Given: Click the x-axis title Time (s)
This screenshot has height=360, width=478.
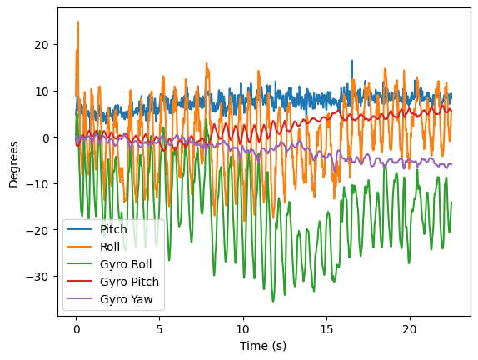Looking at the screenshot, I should tap(263, 345).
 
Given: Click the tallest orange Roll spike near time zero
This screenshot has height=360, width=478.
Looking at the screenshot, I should tap(77, 23).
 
